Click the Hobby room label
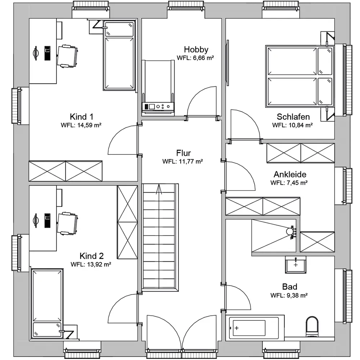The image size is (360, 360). [x=196, y=49]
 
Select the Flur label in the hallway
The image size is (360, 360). [x=184, y=153]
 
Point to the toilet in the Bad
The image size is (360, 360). [x=312, y=327]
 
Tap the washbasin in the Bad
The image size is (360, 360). [x=296, y=265]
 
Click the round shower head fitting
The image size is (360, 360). [x=289, y=231]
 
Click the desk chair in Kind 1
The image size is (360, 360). [x=67, y=57]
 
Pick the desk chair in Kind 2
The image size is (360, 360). [x=67, y=224]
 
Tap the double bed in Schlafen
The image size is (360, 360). [x=300, y=76]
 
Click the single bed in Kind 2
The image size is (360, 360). [x=47, y=304]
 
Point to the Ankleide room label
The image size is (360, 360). [x=290, y=175]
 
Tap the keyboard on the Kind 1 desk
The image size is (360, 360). [x=47, y=53]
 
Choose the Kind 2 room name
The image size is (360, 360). [x=91, y=256]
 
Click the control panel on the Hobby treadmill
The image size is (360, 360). [x=158, y=107]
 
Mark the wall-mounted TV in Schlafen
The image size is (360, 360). [x=228, y=63]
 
